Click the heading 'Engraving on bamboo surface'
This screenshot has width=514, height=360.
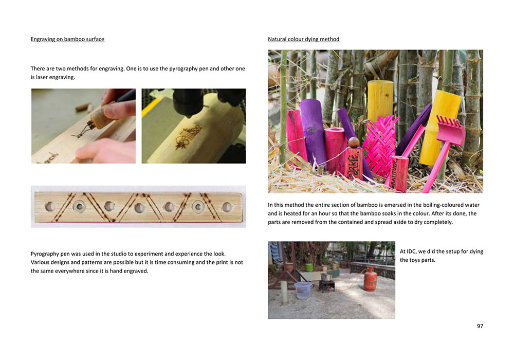pos(67,39)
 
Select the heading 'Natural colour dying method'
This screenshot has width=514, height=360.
pos(304,39)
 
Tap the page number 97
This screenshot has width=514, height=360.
pos(480,326)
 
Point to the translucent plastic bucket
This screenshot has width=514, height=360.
pos(303,290)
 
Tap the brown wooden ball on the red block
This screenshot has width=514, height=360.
pos(354,142)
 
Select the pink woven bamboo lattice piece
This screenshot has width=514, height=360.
pos(380,146)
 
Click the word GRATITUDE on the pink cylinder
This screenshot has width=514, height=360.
pos(394,174)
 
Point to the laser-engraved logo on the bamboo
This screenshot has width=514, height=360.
pos(188,136)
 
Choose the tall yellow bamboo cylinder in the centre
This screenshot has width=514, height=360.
pos(380,102)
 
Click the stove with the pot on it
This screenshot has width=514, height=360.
pos(327,283)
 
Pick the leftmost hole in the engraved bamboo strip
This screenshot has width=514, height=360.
pos(50,207)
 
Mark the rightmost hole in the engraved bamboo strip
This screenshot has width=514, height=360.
pos(227,207)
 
